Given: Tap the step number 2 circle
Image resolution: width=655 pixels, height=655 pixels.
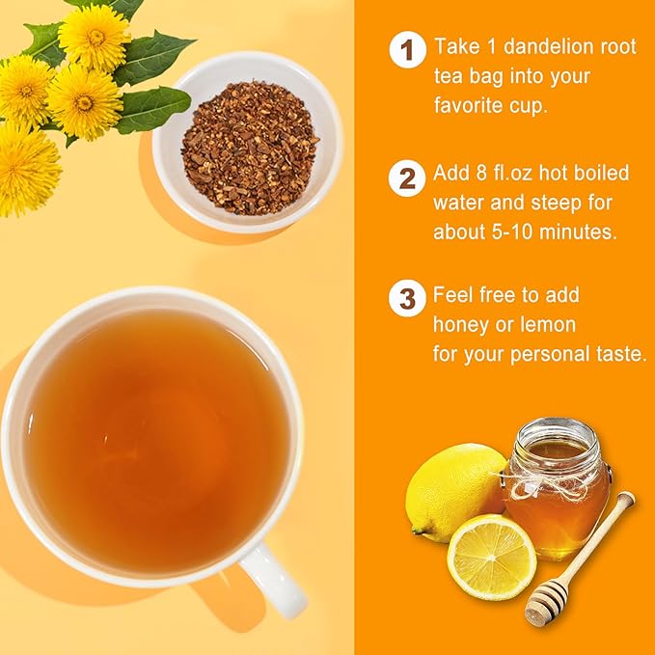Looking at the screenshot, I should [407, 177].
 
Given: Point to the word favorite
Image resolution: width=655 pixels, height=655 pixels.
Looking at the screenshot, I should [473, 105].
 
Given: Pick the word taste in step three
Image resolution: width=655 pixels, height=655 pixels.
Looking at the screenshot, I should [616, 354].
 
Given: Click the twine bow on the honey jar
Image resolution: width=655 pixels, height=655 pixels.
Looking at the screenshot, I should [540, 479].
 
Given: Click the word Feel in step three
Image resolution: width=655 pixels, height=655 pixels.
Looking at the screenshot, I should [455, 294].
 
